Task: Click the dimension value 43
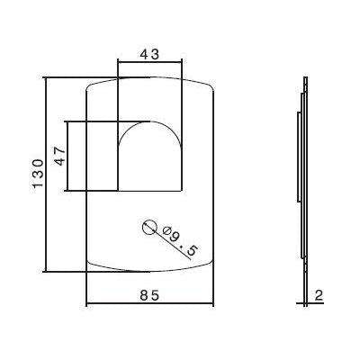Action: pos(150,53)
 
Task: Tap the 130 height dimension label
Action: pos(37,175)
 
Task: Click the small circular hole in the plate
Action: pos(149,227)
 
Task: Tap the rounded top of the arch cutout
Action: pos(150,124)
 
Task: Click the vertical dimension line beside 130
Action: pos(46,175)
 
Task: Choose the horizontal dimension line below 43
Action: pos(150,63)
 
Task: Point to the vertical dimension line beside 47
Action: pos(69,155)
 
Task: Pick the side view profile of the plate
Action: pos(303,175)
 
